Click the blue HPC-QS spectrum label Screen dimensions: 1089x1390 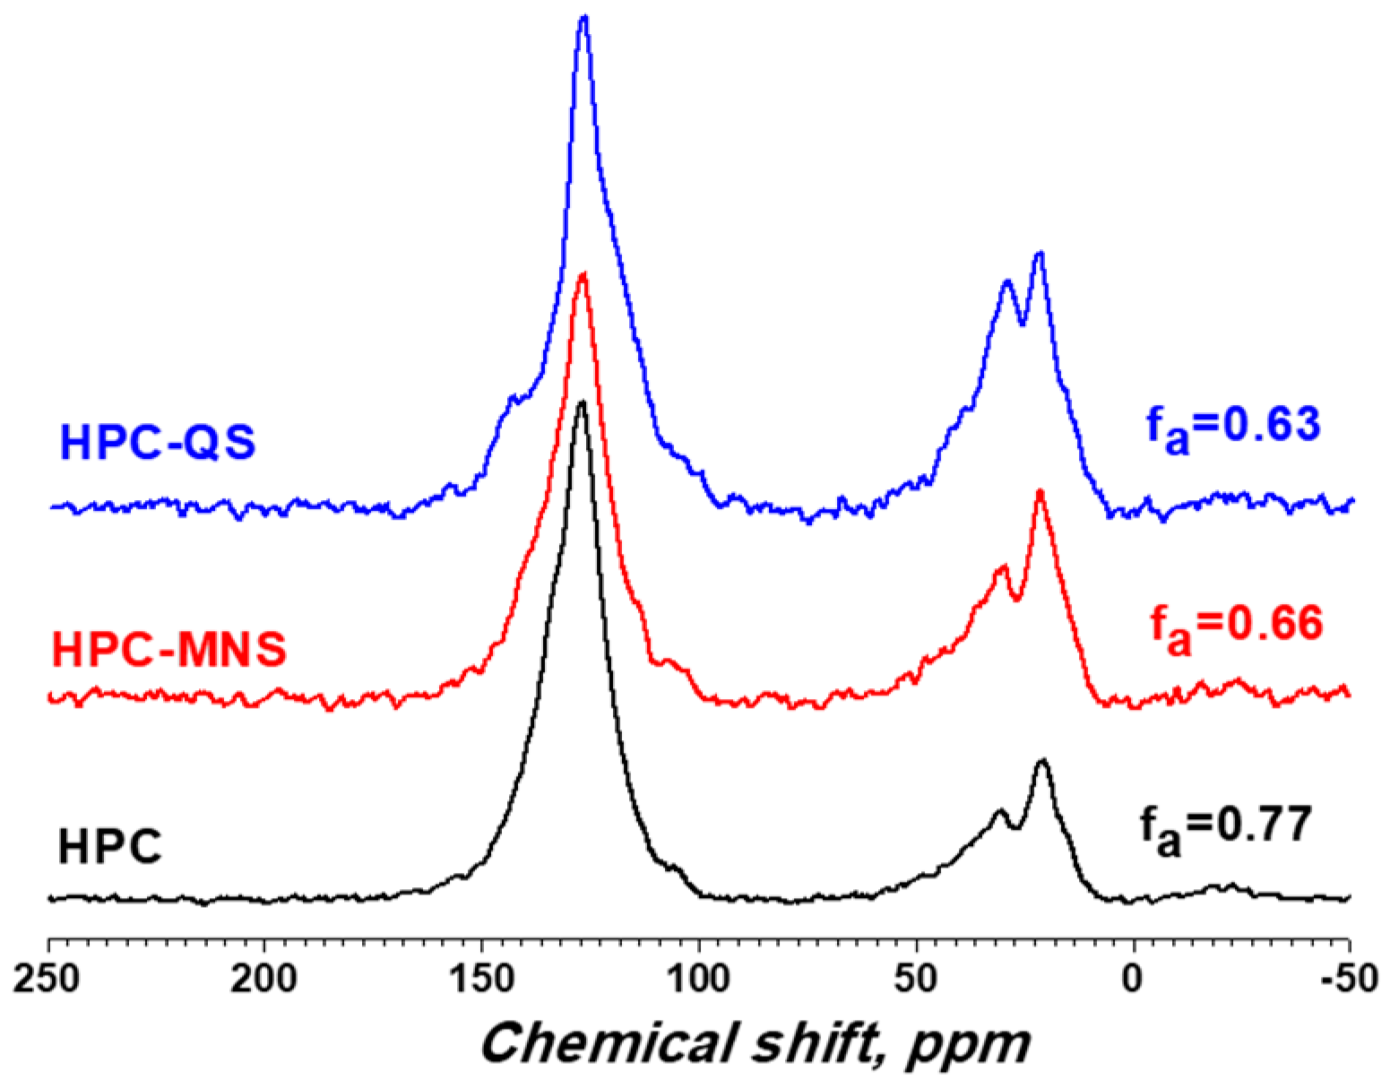pos(157,443)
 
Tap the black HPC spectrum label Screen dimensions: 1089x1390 pos(109,846)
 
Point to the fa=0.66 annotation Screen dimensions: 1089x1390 pos(1236,625)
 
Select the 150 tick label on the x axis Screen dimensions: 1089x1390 pos(483,980)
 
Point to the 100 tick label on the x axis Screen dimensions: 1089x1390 pos(699,980)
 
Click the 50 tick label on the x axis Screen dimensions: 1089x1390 pos(917,980)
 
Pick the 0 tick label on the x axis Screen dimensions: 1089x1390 pos(1134,980)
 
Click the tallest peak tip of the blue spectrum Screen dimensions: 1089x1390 pos(584,17)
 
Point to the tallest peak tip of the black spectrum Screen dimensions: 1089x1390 pos(583,402)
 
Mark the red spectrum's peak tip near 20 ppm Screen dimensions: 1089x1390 pos(1040,490)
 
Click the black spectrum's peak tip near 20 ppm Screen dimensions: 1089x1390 pos(1041,760)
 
